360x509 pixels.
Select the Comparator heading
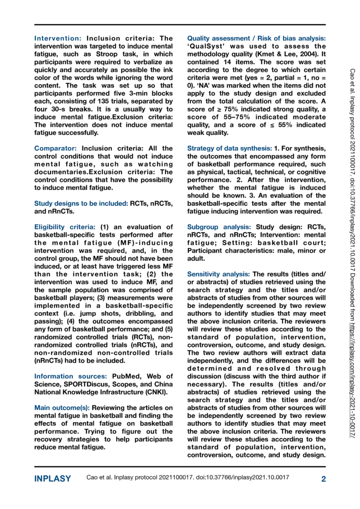tap(57, 148)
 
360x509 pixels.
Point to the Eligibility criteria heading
tap(64, 227)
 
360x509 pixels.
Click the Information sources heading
tap(70, 376)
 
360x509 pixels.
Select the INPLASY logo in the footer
tap(52, 479)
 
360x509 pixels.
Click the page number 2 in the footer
tap(323, 479)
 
